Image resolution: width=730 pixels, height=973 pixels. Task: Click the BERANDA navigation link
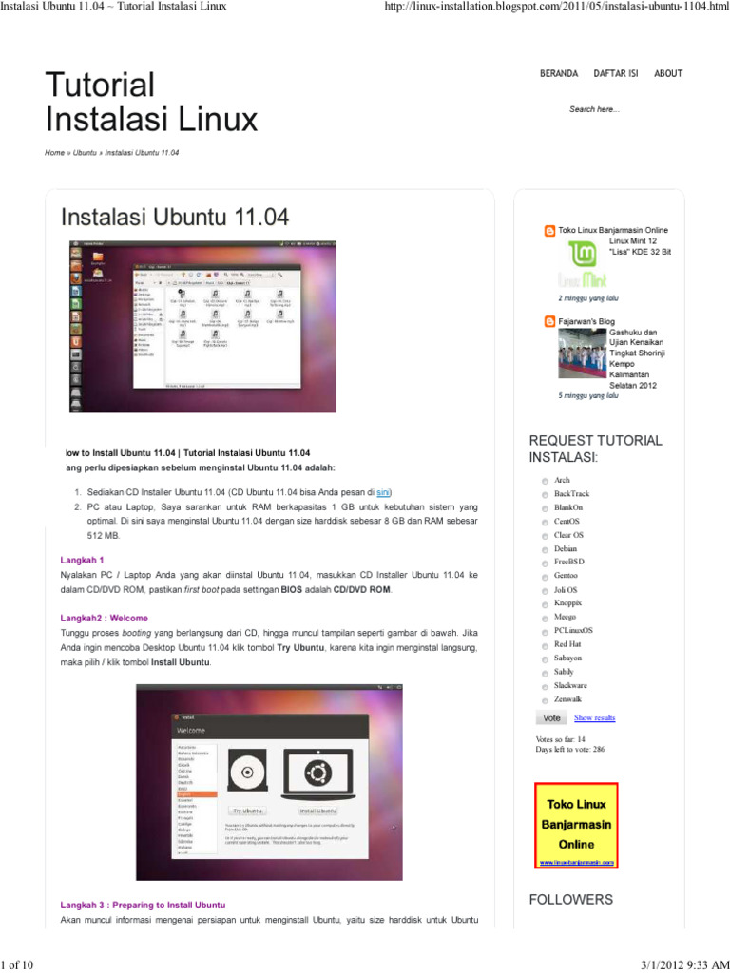(x=559, y=74)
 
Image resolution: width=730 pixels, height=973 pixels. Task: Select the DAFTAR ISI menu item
(x=616, y=74)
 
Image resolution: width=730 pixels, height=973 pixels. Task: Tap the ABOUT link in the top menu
(x=668, y=74)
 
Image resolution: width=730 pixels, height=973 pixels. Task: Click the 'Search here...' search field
(x=595, y=109)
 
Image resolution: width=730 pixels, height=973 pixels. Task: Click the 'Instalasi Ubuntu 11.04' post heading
(x=175, y=217)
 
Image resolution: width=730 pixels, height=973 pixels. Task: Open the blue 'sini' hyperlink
(x=384, y=493)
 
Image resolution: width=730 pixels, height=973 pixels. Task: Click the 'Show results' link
(x=594, y=717)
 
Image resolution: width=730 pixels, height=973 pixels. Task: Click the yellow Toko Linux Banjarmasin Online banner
(x=577, y=825)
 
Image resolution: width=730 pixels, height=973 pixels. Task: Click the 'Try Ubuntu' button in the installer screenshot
(x=246, y=811)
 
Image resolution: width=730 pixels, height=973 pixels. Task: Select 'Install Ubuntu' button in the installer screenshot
(x=317, y=811)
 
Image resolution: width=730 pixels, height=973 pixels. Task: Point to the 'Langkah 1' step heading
(x=83, y=560)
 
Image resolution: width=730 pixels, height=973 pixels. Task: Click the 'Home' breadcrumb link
(x=54, y=153)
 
